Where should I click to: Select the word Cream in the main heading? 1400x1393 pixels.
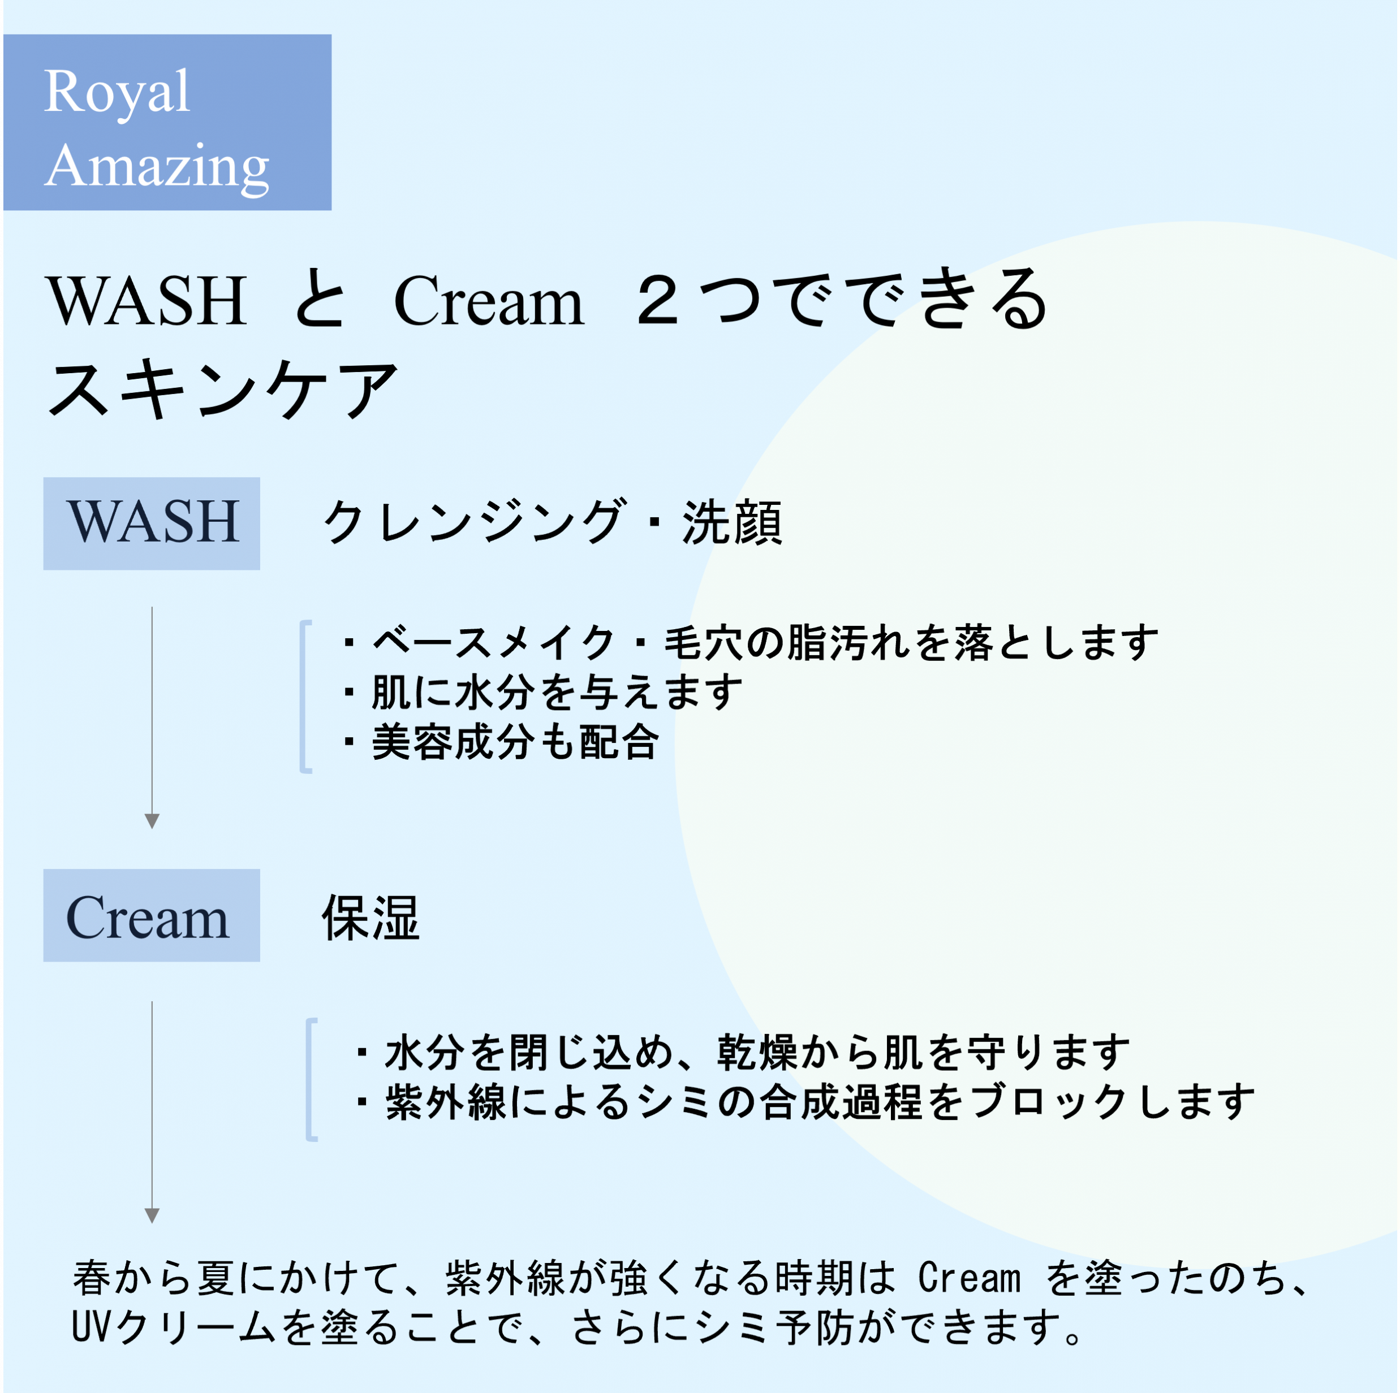point(489,301)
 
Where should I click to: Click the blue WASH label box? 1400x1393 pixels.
point(152,523)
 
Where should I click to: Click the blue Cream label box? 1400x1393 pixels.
point(152,916)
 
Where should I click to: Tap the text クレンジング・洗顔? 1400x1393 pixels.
point(552,522)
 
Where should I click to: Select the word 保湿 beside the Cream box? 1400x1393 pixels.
point(371,917)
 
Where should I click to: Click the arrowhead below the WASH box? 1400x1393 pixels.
point(152,821)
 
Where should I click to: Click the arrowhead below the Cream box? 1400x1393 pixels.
point(152,1215)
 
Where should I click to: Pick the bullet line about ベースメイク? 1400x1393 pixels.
point(751,642)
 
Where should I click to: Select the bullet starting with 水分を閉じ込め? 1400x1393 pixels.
point(743,1052)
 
